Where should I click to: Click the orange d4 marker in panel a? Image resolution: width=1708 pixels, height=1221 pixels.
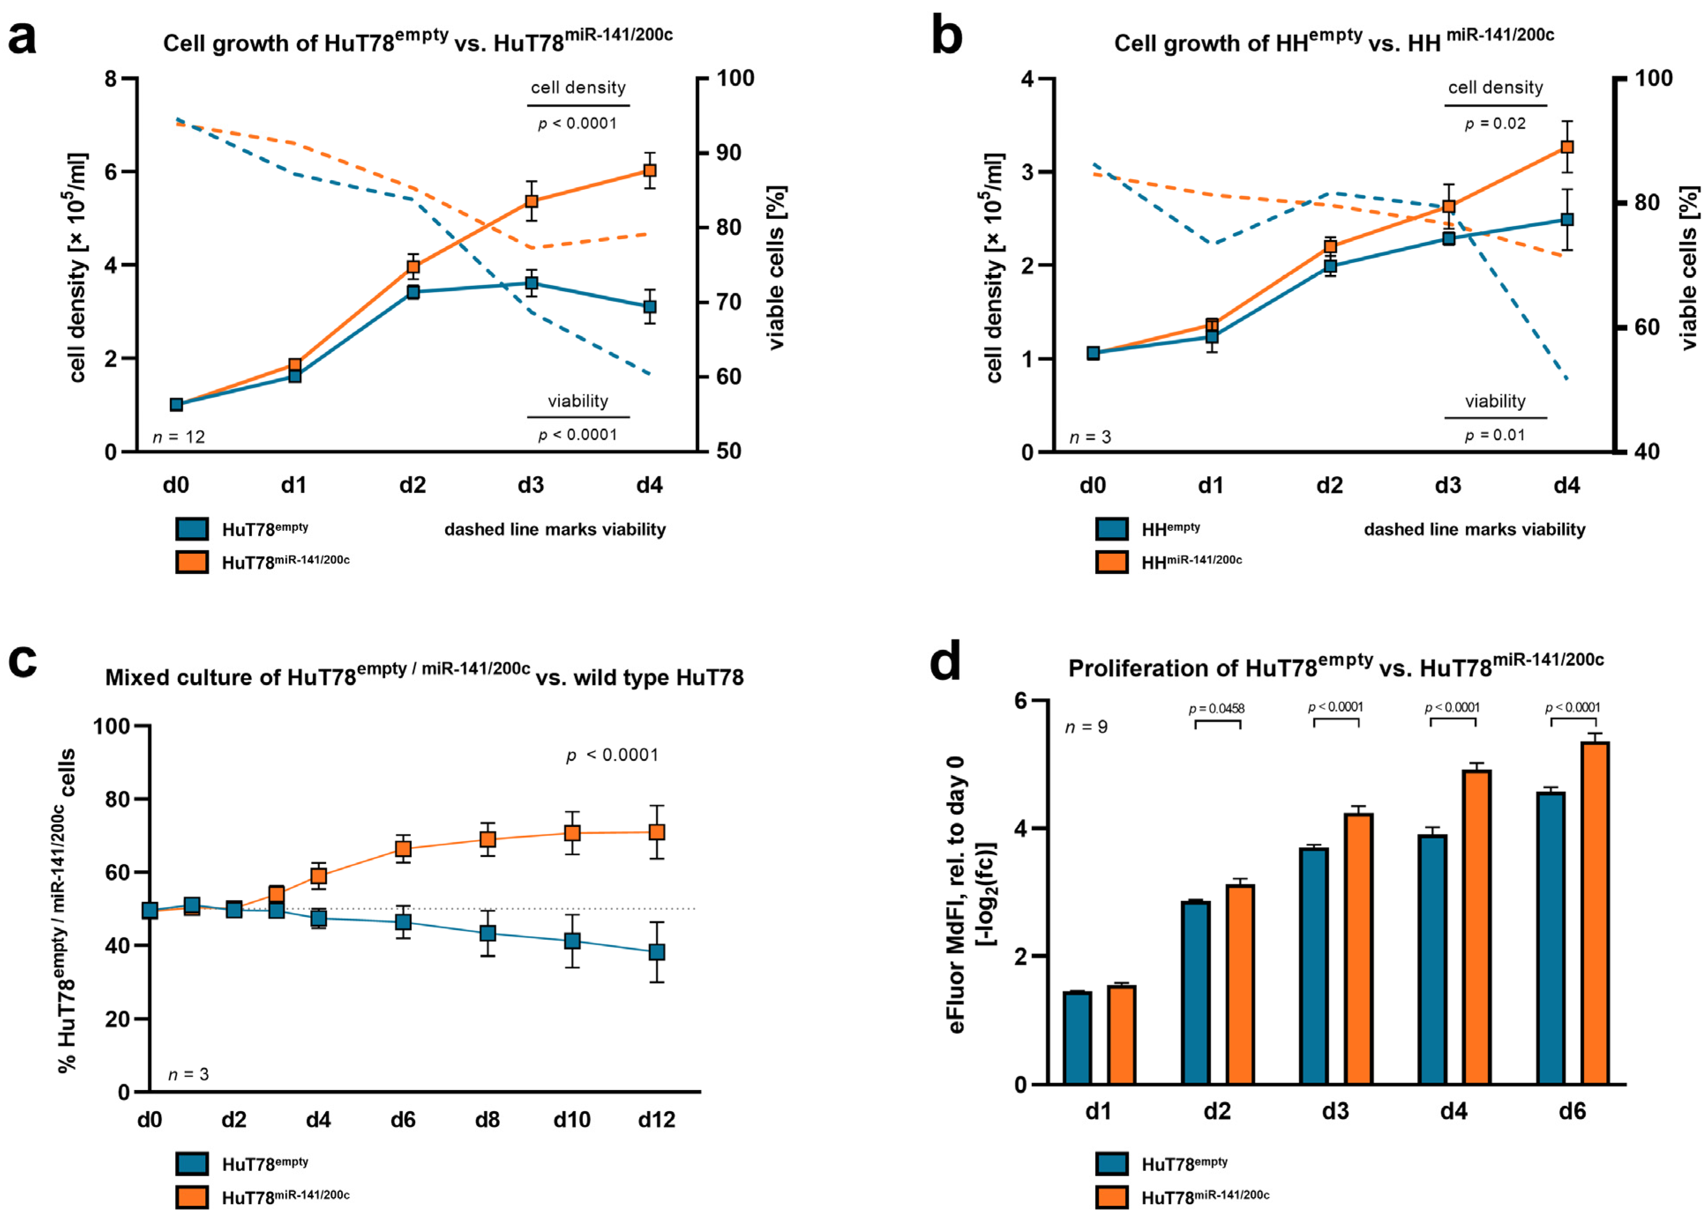tap(649, 171)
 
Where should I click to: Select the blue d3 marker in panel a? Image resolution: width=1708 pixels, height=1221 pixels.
tap(532, 283)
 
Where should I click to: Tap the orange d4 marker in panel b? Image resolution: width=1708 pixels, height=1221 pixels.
tap(1567, 147)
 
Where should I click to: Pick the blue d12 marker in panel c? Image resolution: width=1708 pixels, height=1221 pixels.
tap(656, 952)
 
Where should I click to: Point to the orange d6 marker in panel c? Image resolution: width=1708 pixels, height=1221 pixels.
tap(403, 849)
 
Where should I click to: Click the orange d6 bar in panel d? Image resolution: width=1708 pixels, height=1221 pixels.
tap(1595, 913)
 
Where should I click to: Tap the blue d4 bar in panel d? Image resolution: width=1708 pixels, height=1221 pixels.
tap(1433, 959)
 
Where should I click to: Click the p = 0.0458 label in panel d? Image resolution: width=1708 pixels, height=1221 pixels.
tap(1216, 708)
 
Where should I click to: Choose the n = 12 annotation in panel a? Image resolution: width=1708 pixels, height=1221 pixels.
tap(179, 437)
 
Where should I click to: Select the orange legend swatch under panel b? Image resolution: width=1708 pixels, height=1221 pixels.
tap(1111, 562)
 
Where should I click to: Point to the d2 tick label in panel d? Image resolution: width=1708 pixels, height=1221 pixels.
tap(1216, 1111)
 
